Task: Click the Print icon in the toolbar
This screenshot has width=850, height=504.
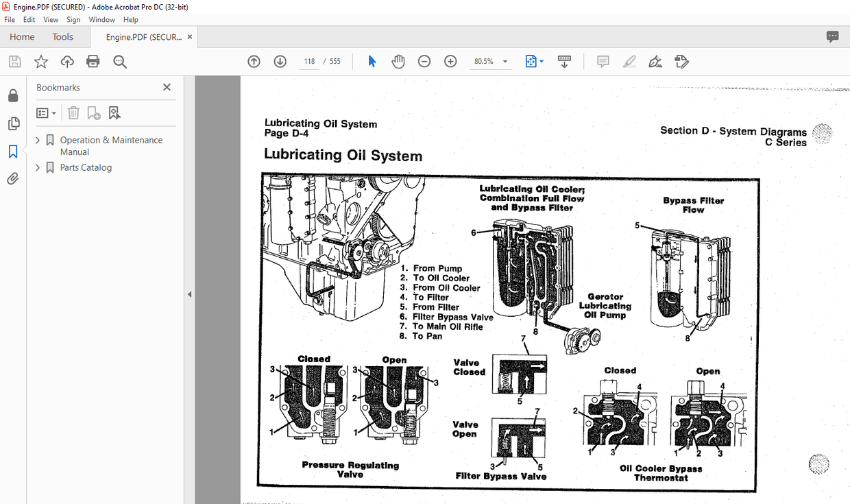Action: (x=93, y=62)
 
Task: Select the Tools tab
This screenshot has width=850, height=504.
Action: (x=63, y=37)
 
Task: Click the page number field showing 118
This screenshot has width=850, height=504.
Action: (x=309, y=62)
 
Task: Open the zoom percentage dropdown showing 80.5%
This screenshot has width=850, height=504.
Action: (x=505, y=62)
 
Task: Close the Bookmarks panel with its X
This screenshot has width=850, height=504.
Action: (x=167, y=87)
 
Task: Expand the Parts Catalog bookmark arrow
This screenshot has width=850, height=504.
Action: (x=38, y=167)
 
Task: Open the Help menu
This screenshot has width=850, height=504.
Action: (x=130, y=20)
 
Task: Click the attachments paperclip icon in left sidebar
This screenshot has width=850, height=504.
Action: (x=12, y=179)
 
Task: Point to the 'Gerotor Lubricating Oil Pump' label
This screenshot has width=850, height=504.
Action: (x=605, y=306)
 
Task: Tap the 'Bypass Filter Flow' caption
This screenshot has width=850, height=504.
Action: (x=693, y=205)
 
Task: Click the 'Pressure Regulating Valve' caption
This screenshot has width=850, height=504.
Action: (x=350, y=469)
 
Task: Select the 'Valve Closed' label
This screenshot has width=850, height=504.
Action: (x=469, y=368)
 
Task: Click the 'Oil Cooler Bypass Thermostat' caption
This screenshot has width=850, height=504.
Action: (x=661, y=472)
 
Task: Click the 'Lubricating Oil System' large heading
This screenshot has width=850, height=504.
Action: (x=343, y=156)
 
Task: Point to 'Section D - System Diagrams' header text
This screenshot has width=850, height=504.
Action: (x=733, y=131)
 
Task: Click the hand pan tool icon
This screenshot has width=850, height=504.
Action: (x=398, y=62)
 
